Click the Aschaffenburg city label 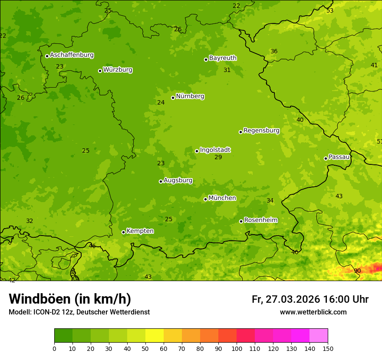tap(72, 55)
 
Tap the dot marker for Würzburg tap(100, 71)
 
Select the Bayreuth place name tap(223, 58)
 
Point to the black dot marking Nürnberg tap(173, 98)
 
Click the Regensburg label tap(261, 131)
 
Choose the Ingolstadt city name tap(215, 150)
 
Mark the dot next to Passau tap(326, 158)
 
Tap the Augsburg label tap(178, 180)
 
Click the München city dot tap(205, 199)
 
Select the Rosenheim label tap(260, 220)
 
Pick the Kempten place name tap(140, 231)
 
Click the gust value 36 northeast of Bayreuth tap(274, 52)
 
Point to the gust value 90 tap(357, 271)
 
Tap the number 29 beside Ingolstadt tap(218, 157)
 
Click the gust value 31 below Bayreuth tap(227, 70)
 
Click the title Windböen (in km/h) tap(70, 299)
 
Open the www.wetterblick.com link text tap(313, 312)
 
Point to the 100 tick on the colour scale tap(237, 348)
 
